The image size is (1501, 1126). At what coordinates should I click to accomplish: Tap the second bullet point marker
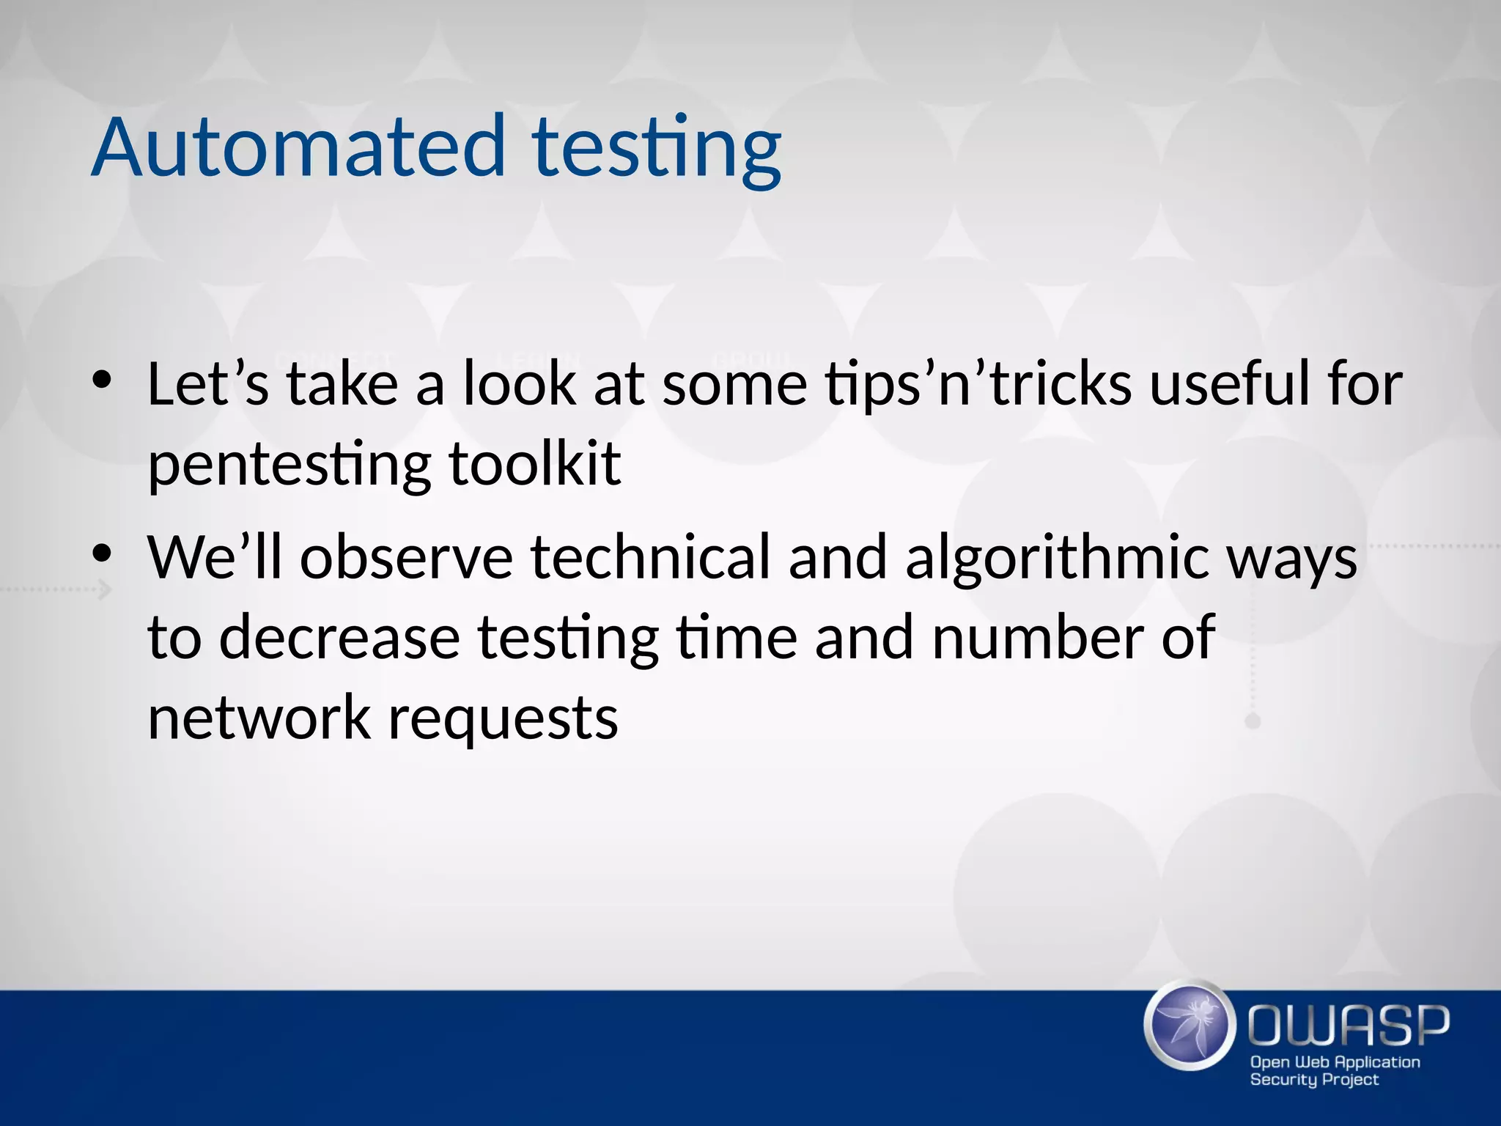102,552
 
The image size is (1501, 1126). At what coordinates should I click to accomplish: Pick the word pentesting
289,466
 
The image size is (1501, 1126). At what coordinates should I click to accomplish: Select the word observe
407,557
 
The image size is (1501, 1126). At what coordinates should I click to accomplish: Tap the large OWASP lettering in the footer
1349,1026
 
